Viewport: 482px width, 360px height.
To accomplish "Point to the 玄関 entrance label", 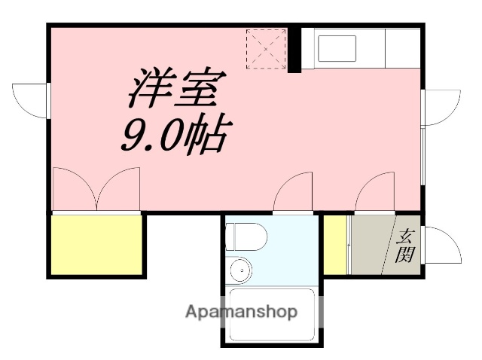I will point(406,246).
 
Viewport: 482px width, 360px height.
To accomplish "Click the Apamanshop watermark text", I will point(242,312).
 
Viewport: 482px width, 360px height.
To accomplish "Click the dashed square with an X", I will point(266,49).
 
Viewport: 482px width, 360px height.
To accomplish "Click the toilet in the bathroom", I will point(246,237).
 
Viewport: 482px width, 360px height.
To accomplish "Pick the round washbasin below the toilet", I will point(241,269).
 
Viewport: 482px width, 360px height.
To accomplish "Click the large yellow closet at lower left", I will point(97,245).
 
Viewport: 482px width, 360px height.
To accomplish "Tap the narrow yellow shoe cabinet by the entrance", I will point(335,246).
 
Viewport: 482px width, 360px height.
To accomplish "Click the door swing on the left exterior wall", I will point(30,99).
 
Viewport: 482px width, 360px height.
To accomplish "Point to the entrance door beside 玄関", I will point(444,245).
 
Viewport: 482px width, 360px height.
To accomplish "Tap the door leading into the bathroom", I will point(294,193).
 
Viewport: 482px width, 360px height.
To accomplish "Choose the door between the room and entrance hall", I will point(375,193).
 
